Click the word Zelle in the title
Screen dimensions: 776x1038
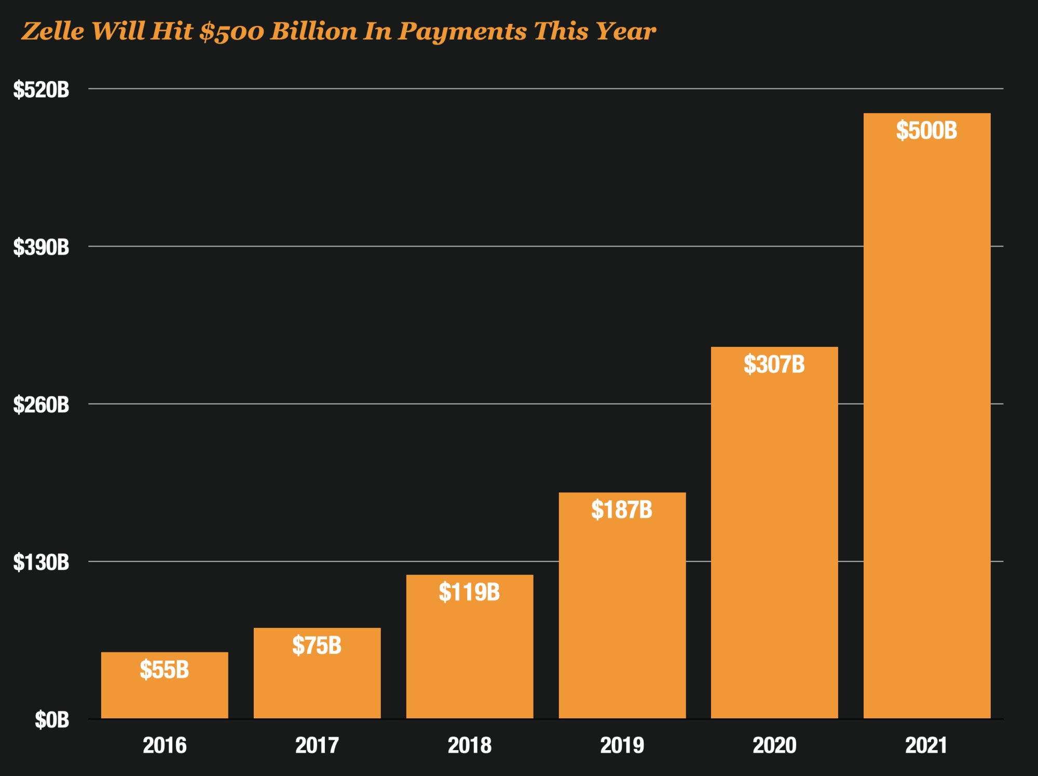[53, 31]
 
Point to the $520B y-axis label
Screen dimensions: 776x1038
[41, 90]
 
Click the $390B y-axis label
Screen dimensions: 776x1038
[41, 247]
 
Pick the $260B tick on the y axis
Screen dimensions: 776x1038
[41, 405]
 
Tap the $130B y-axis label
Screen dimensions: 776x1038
[41, 562]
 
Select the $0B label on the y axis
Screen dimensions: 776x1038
[52, 720]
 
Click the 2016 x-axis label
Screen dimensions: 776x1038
[165, 745]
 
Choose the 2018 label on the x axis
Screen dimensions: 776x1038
[470, 745]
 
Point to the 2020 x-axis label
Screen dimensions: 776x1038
[774, 745]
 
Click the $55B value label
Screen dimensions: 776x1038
[165, 670]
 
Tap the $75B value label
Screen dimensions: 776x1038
[317, 646]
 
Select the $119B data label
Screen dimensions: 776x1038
[469, 592]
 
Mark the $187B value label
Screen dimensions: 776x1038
[622, 510]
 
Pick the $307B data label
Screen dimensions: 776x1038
[774, 364]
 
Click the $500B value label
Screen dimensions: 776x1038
[926, 130]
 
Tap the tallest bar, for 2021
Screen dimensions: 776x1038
[927, 416]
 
